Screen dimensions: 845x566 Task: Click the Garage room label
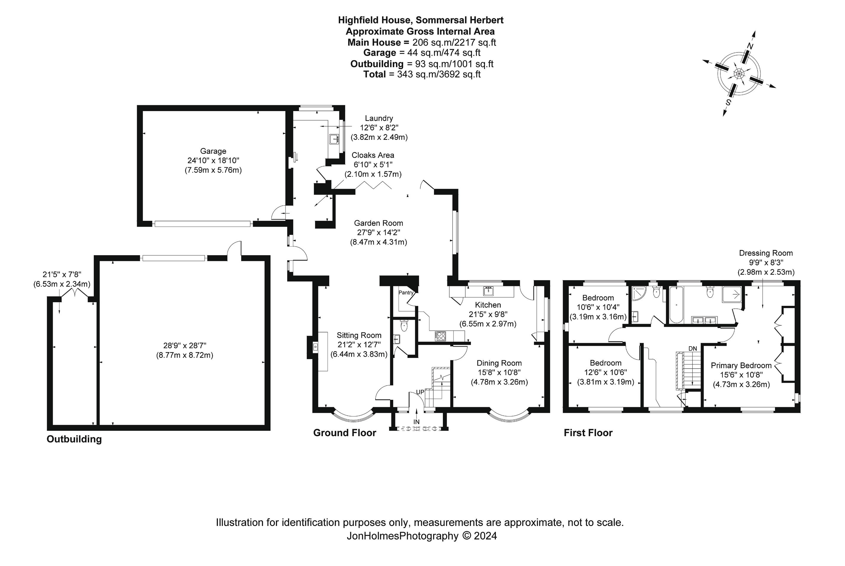tap(213, 151)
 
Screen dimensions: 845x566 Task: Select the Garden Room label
tap(378, 223)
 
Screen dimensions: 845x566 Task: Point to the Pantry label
tap(406, 292)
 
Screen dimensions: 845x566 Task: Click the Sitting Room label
tap(359, 335)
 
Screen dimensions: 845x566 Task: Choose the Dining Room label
tap(499, 363)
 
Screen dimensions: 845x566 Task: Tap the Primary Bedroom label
tap(741, 365)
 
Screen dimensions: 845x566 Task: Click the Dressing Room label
tap(766, 253)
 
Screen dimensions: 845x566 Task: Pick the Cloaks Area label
tap(373, 155)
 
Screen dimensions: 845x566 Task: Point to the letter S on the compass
tap(728, 102)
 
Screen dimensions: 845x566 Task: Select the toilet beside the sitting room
tap(404, 326)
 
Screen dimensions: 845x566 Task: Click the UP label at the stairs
tap(420, 392)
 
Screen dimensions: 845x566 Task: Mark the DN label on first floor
tap(693, 349)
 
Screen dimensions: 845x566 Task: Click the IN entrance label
tap(416, 422)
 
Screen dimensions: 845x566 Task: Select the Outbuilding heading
tap(74, 439)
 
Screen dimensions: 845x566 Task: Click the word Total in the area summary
tap(375, 74)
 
